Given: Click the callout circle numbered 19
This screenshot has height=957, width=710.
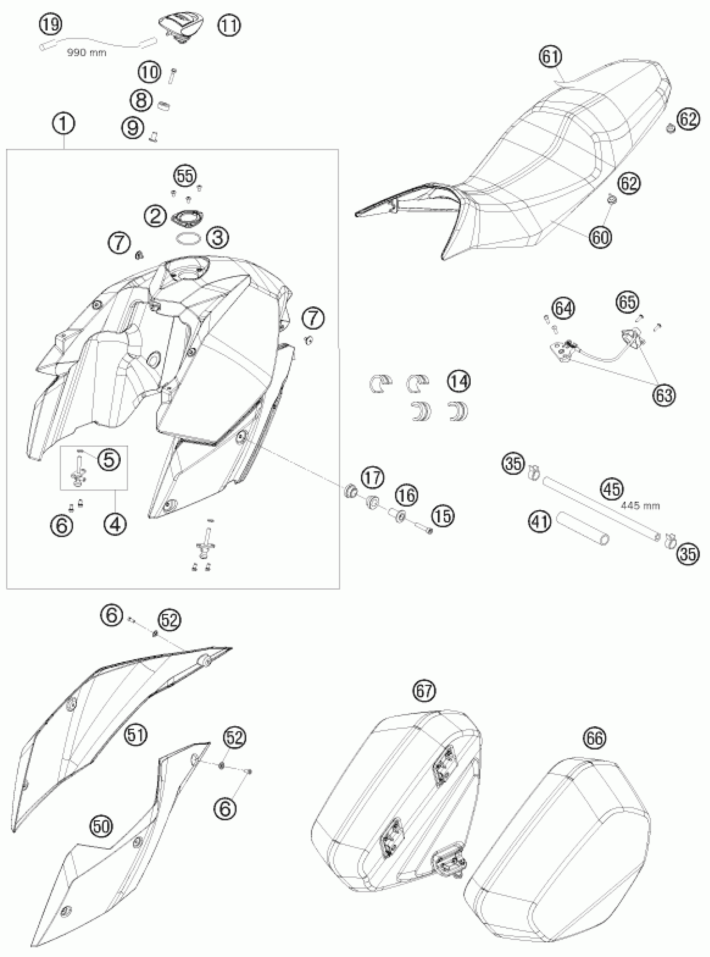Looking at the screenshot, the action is (x=51, y=24).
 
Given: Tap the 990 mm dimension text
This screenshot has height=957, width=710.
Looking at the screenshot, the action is (x=86, y=53).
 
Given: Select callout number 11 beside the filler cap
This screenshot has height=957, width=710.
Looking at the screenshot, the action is (x=228, y=25).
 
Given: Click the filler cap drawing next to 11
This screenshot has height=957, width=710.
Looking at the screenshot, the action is (x=181, y=28).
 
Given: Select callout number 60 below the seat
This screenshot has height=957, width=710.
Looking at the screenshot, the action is (x=600, y=236).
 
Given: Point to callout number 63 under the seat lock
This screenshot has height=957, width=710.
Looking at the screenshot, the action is (x=664, y=395).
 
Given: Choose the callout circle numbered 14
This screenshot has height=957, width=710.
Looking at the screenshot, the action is (x=458, y=382).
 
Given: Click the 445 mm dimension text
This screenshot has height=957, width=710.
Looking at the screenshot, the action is (x=640, y=506).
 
